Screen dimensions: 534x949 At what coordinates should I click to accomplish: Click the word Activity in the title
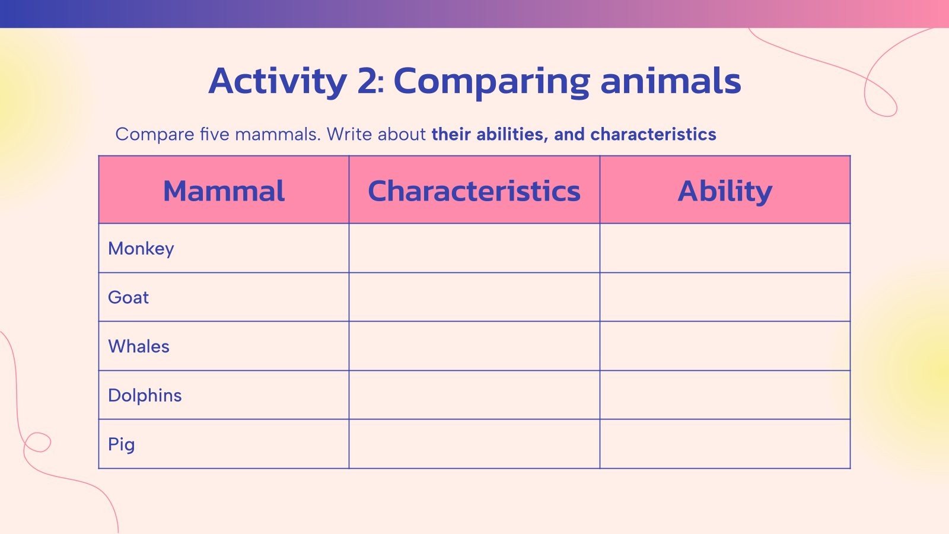tap(277, 81)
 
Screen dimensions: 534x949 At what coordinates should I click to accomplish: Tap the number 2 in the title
tap(367, 81)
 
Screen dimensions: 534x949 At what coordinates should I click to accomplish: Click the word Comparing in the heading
tap(492, 81)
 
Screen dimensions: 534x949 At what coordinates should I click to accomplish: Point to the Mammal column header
tap(224, 191)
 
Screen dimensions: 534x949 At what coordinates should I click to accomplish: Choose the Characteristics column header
tap(474, 191)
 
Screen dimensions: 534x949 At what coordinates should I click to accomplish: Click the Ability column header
tap(725, 191)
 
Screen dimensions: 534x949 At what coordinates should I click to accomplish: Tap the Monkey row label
tap(141, 249)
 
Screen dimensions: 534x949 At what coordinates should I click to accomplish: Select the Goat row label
tap(128, 297)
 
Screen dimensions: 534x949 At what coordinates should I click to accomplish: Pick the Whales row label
tap(139, 347)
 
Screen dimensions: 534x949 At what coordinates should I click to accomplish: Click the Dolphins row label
tap(145, 395)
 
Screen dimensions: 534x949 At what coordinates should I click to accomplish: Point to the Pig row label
tap(122, 444)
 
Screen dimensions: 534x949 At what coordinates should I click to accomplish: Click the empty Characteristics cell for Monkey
tap(474, 249)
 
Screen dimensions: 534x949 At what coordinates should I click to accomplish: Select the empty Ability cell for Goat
tap(725, 297)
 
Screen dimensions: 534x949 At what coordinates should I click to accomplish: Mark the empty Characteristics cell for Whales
tap(474, 347)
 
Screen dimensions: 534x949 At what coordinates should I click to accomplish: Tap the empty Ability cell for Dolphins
tap(725, 395)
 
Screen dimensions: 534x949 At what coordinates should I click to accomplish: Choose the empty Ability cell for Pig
tap(725, 444)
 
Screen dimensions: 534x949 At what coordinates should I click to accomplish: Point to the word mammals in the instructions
tap(277, 135)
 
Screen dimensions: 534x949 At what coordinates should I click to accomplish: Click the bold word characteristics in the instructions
tap(653, 135)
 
